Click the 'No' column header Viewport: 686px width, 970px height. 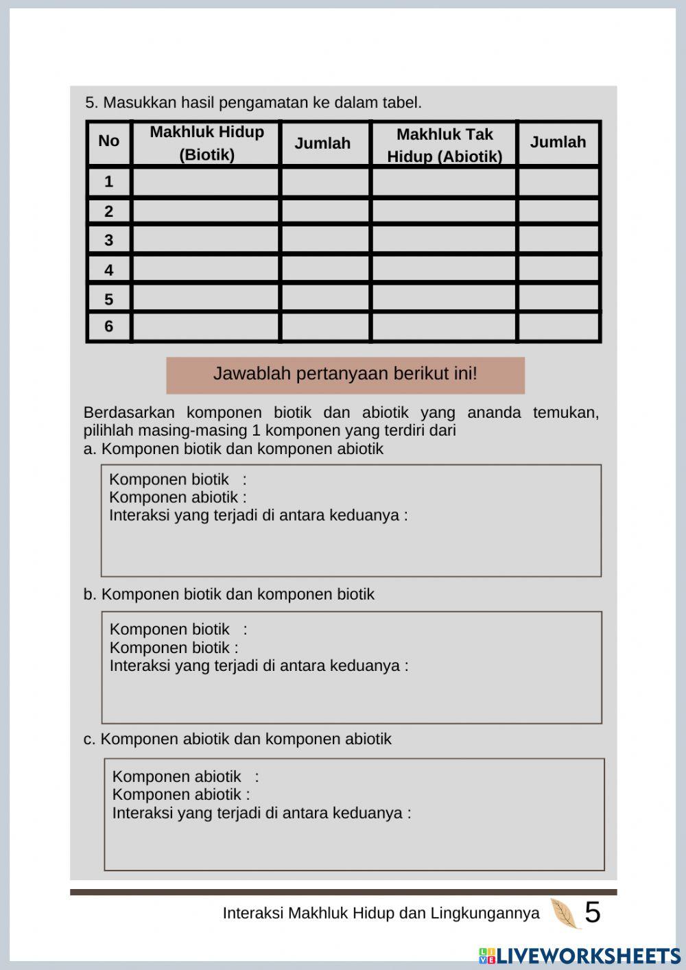coord(108,141)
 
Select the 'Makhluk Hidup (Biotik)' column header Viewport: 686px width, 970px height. coord(206,143)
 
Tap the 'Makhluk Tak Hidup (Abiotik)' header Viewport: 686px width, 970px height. coord(444,145)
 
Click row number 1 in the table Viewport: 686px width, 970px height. coord(108,182)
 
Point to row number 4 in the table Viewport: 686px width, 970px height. coord(108,270)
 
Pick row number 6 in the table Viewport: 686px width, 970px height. coord(108,327)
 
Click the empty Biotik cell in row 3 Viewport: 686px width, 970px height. coord(206,240)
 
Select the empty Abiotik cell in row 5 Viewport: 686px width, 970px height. coord(444,298)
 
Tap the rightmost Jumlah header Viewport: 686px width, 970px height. coord(558,142)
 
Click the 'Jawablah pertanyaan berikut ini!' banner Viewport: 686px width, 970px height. coord(345,375)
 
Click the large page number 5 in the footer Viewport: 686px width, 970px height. coord(592,912)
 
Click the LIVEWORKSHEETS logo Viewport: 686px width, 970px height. coord(580,956)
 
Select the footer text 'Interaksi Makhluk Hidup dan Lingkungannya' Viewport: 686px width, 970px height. coord(381,913)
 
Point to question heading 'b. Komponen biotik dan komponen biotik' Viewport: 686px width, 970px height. coord(229,594)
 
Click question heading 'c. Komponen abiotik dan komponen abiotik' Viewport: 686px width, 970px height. coord(237,739)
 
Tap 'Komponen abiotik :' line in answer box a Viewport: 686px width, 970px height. coord(177,497)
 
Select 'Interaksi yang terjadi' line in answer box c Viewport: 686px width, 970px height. coord(261,813)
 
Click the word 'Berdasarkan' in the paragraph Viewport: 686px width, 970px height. coord(128,413)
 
